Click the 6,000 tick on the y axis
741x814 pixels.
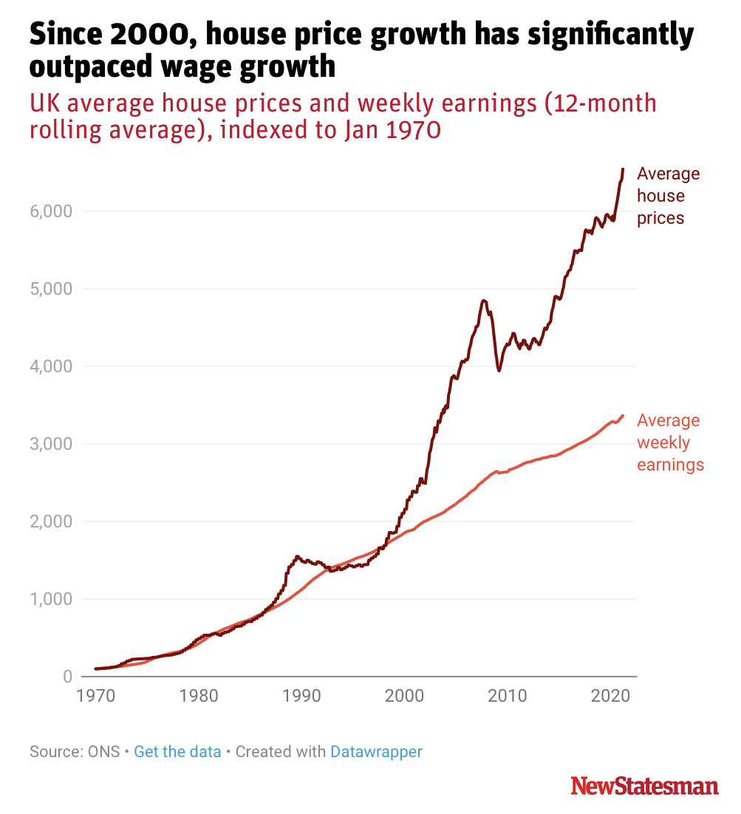coord(52,211)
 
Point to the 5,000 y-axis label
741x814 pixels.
coord(52,289)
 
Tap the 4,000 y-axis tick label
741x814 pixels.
coord(52,366)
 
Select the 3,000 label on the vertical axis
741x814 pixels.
coord(52,444)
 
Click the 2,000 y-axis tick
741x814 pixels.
coord(52,521)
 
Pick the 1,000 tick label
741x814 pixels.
coord(52,599)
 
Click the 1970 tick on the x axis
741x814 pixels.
coord(95,696)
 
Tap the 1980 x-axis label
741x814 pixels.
coord(198,696)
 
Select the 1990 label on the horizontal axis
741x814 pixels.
coord(301,696)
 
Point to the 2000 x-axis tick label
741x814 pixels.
coord(403,696)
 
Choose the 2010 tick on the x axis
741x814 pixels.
coord(506,696)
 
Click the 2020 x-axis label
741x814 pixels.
coord(609,696)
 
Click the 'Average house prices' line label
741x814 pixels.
coord(667,196)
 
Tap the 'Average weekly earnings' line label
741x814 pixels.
coord(669,442)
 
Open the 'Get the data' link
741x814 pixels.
coord(178,752)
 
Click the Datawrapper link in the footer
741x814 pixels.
coord(376,752)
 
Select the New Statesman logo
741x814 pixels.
coord(644,786)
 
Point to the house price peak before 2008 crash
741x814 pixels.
coord(484,301)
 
